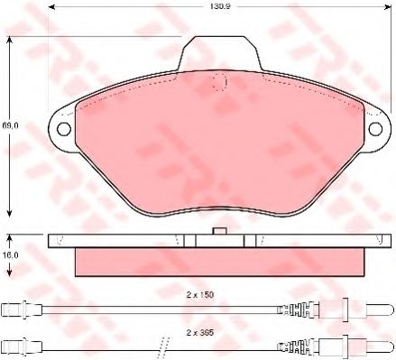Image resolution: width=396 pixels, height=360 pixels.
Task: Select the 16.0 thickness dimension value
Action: tap(9, 255)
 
